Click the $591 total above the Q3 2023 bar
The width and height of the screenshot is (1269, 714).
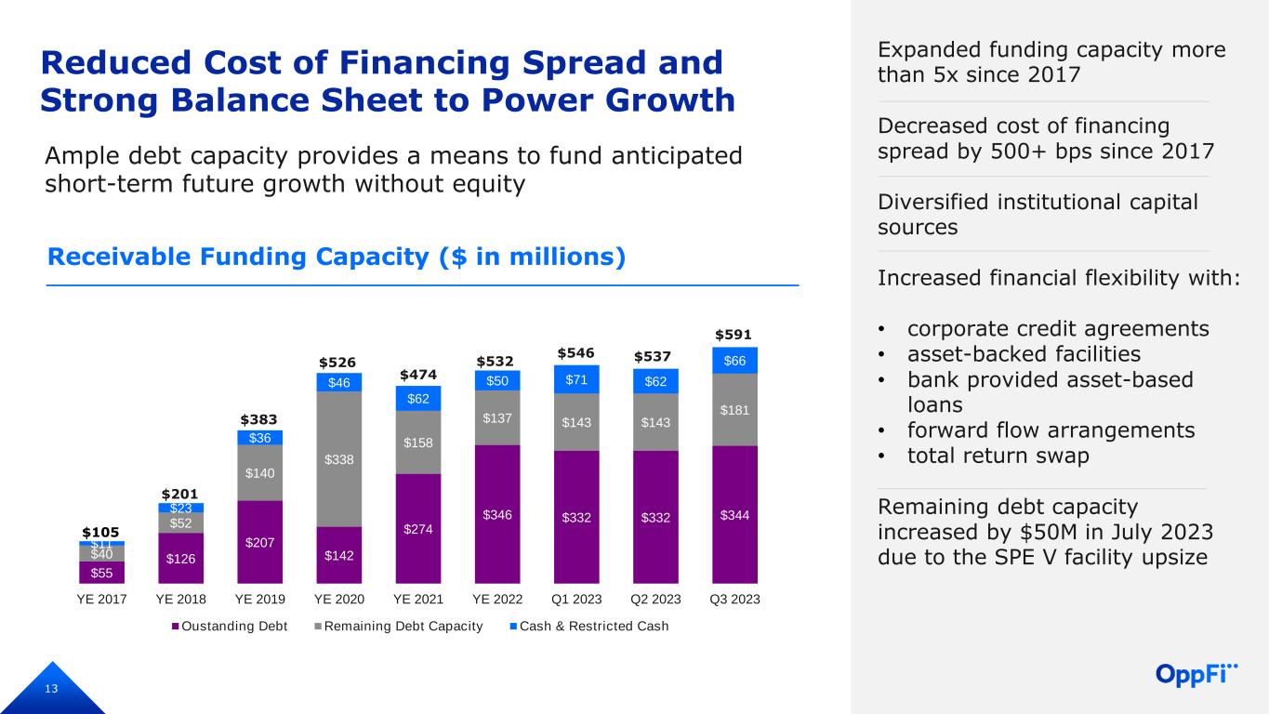coord(734,335)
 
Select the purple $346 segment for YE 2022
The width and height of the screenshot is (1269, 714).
coord(497,514)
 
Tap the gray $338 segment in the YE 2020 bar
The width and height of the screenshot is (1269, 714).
coord(338,459)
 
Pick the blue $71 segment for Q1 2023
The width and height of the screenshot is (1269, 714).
coord(576,379)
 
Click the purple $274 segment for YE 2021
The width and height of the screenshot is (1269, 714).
coord(418,529)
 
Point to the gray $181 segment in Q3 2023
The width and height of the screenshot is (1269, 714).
coord(734,410)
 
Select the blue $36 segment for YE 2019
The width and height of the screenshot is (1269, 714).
coord(260,438)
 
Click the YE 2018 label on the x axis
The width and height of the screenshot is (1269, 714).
coord(180,599)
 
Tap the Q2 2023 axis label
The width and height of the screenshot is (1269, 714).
coord(655,599)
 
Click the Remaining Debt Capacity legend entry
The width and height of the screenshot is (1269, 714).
coord(399,627)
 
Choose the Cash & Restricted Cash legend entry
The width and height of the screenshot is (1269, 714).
coord(589,627)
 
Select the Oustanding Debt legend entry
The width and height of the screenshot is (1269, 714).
coord(230,627)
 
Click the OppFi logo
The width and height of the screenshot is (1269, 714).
coord(1196,674)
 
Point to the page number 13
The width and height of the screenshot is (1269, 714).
coord(51,689)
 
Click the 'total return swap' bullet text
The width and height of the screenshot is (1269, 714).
coord(998,456)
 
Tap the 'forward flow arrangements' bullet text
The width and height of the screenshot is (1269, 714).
coord(1051,430)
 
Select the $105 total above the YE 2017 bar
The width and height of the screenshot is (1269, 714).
coord(100,532)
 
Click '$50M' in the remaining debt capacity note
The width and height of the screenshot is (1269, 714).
coord(1048,532)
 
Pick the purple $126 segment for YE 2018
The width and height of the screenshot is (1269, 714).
coord(180,558)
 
